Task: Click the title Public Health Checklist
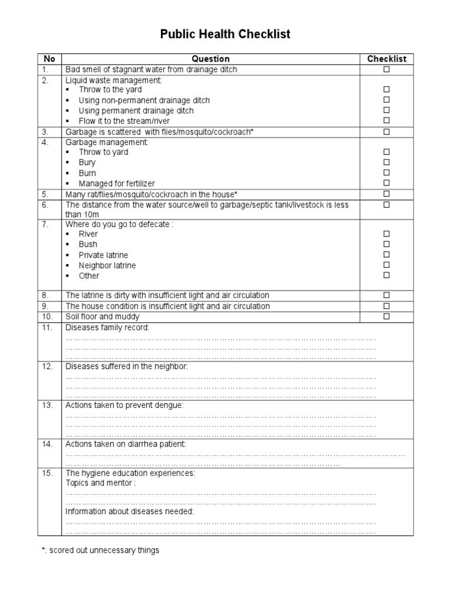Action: pyautogui.click(x=225, y=35)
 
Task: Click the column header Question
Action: pyautogui.click(x=211, y=59)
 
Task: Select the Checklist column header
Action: pyautogui.click(x=386, y=59)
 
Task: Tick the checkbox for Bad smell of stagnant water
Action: pyautogui.click(x=386, y=69)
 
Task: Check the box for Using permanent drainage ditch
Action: pyautogui.click(x=386, y=110)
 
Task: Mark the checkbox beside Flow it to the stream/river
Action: pyautogui.click(x=386, y=121)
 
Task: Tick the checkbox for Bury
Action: pyautogui.click(x=386, y=163)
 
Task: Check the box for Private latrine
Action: pyautogui.click(x=386, y=255)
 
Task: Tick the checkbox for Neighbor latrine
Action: pyautogui.click(x=386, y=265)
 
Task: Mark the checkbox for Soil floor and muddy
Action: pyautogui.click(x=386, y=317)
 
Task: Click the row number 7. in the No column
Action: pyautogui.click(x=47, y=224)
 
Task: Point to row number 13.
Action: pyautogui.click(x=48, y=405)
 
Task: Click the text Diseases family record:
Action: pyautogui.click(x=107, y=327)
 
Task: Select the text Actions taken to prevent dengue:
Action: pyautogui.click(x=124, y=405)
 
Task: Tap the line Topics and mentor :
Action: pyautogui.click(x=100, y=483)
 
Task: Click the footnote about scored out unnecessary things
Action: pyautogui.click(x=99, y=551)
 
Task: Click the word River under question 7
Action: pyautogui.click(x=88, y=234)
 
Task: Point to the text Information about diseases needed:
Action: pyautogui.click(x=129, y=511)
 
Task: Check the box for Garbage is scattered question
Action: pyautogui.click(x=386, y=131)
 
